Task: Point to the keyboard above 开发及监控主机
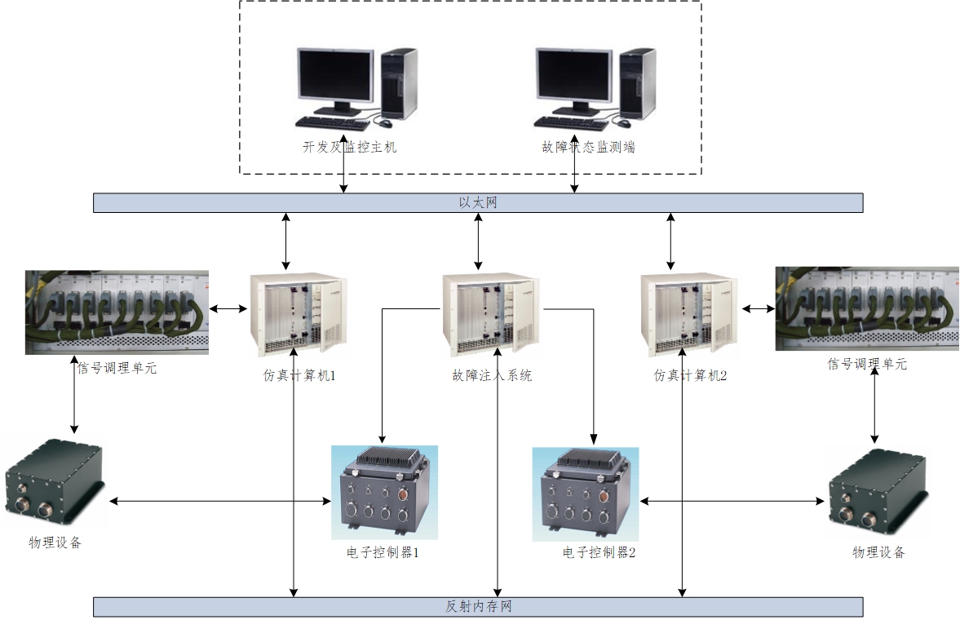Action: [331, 122]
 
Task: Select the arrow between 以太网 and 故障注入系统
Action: [478, 241]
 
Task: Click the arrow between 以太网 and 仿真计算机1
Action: [285, 241]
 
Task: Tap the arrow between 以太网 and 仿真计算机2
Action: [670, 241]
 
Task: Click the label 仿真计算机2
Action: [691, 376]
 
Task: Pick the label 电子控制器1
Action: [383, 553]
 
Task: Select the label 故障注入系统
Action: [492, 376]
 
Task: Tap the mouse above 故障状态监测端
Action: [624, 123]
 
